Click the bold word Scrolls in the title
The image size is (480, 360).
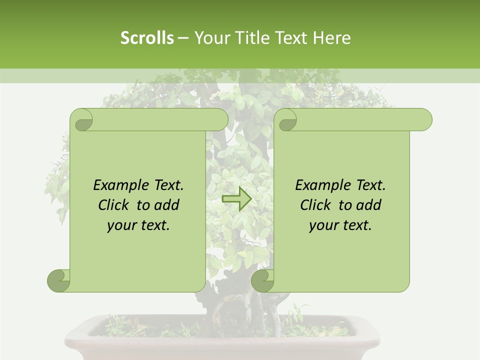147,38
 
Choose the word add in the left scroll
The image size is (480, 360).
166,205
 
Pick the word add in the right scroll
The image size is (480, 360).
368,205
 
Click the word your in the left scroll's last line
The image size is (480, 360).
122,226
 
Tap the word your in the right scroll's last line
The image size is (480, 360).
324,226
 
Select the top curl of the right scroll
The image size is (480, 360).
287,120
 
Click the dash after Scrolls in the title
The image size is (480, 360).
183,38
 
